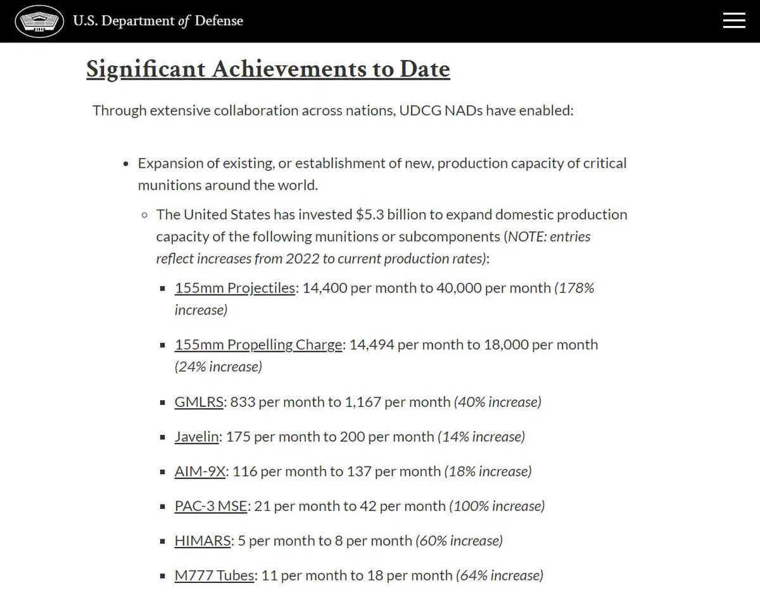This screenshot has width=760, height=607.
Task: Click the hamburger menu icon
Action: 734,20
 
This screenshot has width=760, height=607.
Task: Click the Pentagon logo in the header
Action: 39,22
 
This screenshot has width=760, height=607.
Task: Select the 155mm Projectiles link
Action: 235,288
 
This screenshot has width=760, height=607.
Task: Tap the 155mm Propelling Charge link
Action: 258,345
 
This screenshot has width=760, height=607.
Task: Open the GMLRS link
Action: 199,402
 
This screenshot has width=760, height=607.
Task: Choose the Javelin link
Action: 196,437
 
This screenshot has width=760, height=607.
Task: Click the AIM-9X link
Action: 199,472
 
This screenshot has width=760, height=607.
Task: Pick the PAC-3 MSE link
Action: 210,506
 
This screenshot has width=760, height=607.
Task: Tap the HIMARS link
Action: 202,541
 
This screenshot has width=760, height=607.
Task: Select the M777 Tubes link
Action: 214,576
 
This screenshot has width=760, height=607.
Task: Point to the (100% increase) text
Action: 497,506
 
